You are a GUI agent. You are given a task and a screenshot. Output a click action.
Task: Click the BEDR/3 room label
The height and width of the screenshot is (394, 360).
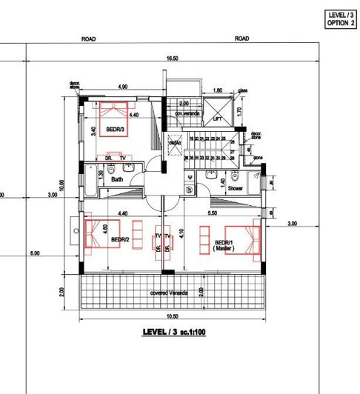pos(115,129)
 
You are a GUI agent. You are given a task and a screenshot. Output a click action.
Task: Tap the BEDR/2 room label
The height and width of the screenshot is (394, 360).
pos(121,240)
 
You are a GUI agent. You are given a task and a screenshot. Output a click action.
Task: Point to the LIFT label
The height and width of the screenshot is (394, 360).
pos(217,118)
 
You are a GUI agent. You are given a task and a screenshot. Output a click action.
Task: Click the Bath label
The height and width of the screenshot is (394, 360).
pos(117,180)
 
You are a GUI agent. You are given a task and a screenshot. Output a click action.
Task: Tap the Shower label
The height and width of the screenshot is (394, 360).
pos(236,189)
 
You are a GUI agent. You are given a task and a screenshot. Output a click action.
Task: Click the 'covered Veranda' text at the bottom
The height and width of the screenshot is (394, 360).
pos(169,293)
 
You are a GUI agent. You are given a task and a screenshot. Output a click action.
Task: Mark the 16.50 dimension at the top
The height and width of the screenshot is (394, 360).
pos(171,59)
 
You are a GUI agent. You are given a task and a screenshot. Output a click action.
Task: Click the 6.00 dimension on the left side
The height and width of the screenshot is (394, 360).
pos(35,254)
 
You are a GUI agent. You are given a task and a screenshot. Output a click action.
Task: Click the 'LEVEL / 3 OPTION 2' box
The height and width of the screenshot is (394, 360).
pos(340,19)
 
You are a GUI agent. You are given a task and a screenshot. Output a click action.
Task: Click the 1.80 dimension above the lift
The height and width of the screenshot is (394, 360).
pos(217,91)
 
